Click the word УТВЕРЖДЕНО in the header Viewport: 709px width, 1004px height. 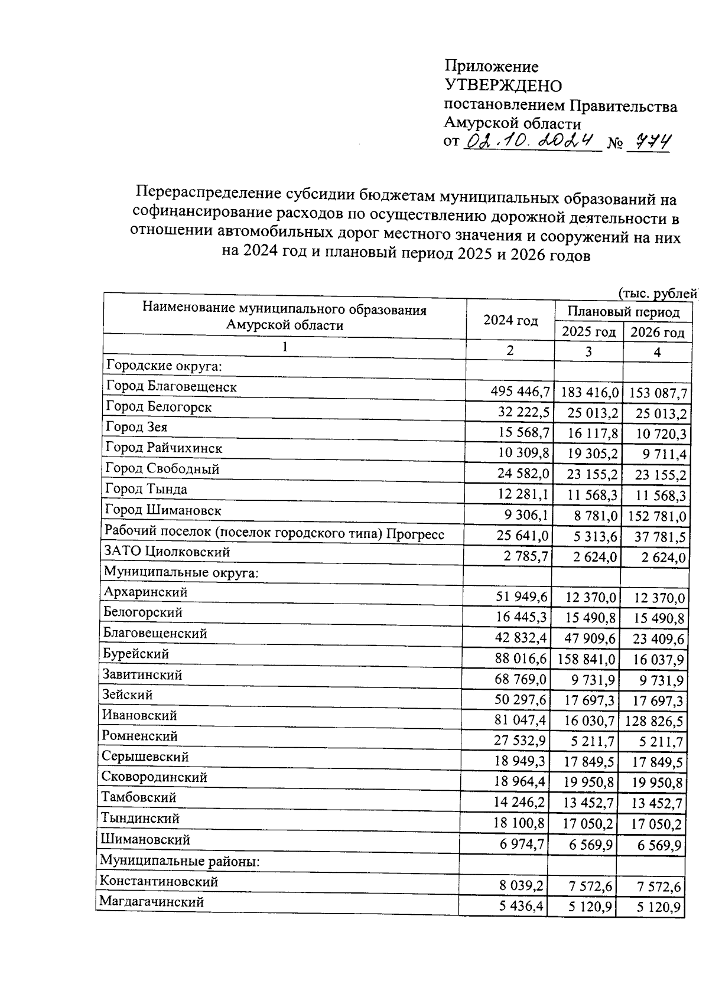coord(503,86)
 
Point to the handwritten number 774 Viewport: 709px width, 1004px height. coord(648,142)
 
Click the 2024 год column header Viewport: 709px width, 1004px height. coord(510,321)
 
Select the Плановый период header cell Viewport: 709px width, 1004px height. coord(623,312)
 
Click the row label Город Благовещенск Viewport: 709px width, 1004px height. coord(171,387)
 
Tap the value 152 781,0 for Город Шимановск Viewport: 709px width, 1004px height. coord(658,517)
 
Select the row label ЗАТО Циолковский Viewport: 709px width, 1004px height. coord(167,552)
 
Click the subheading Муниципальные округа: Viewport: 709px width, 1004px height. coord(181,572)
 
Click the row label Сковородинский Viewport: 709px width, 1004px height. coord(154,777)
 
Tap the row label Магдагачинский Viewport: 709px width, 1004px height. coord(152,902)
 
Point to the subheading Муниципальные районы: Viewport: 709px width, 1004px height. coord(180,861)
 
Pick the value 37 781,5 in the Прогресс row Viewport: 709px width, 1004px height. coord(658,537)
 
